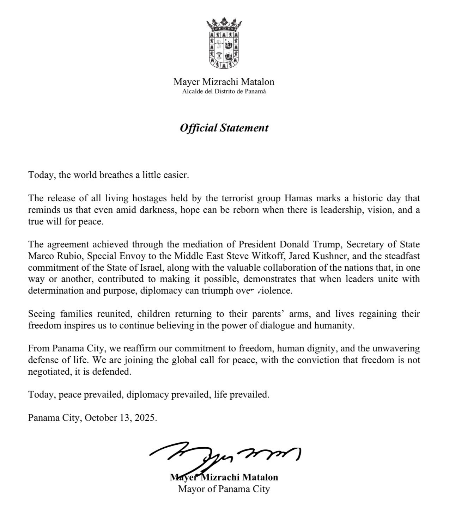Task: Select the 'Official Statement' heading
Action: click(224, 128)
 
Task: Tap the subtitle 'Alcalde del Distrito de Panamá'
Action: click(224, 92)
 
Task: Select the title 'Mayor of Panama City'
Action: click(224, 489)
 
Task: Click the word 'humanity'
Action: click(335, 325)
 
